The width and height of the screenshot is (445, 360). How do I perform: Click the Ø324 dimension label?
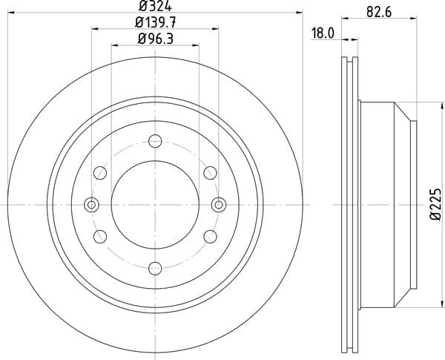click(155, 6)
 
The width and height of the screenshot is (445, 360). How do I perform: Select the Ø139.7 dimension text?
click(156, 22)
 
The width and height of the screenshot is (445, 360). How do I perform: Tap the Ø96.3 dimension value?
click(156, 39)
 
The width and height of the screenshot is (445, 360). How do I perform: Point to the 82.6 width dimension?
click(379, 12)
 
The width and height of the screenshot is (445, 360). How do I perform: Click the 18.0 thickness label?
click(323, 33)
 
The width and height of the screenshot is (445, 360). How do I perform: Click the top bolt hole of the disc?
click(155, 141)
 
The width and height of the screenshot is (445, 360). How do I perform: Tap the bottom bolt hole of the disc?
click(155, 269)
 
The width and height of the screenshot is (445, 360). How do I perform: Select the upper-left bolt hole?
click(100, 173)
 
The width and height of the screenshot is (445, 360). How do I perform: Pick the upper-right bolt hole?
click(211, 173)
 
